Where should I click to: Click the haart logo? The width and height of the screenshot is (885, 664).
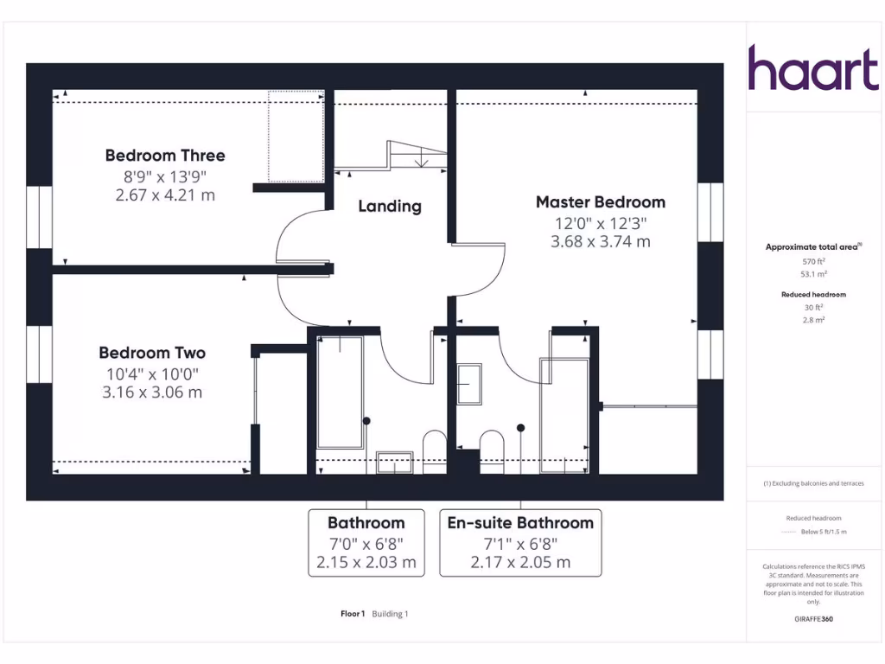812,68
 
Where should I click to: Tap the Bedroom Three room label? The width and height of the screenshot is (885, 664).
165,156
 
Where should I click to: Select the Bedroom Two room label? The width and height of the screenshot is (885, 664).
152,353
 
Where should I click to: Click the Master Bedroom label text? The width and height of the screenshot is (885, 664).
601,202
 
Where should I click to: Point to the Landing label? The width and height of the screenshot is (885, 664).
390,207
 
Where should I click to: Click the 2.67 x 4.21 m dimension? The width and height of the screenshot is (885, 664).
165,195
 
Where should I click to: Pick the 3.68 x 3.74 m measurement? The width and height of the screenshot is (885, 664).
601,242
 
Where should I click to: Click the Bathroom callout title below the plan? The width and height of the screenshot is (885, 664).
366,523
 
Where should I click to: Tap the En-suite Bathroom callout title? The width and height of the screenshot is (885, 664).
520,523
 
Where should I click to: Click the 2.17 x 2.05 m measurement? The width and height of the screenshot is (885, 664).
520,562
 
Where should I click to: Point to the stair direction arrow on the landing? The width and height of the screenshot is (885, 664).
421,159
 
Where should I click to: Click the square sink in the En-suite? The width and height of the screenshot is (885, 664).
469,385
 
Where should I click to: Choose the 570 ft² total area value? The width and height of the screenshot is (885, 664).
813,260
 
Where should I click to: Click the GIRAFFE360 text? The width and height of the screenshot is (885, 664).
813,619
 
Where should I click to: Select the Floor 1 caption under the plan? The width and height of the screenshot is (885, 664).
353,614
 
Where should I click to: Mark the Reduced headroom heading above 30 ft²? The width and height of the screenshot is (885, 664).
813,295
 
